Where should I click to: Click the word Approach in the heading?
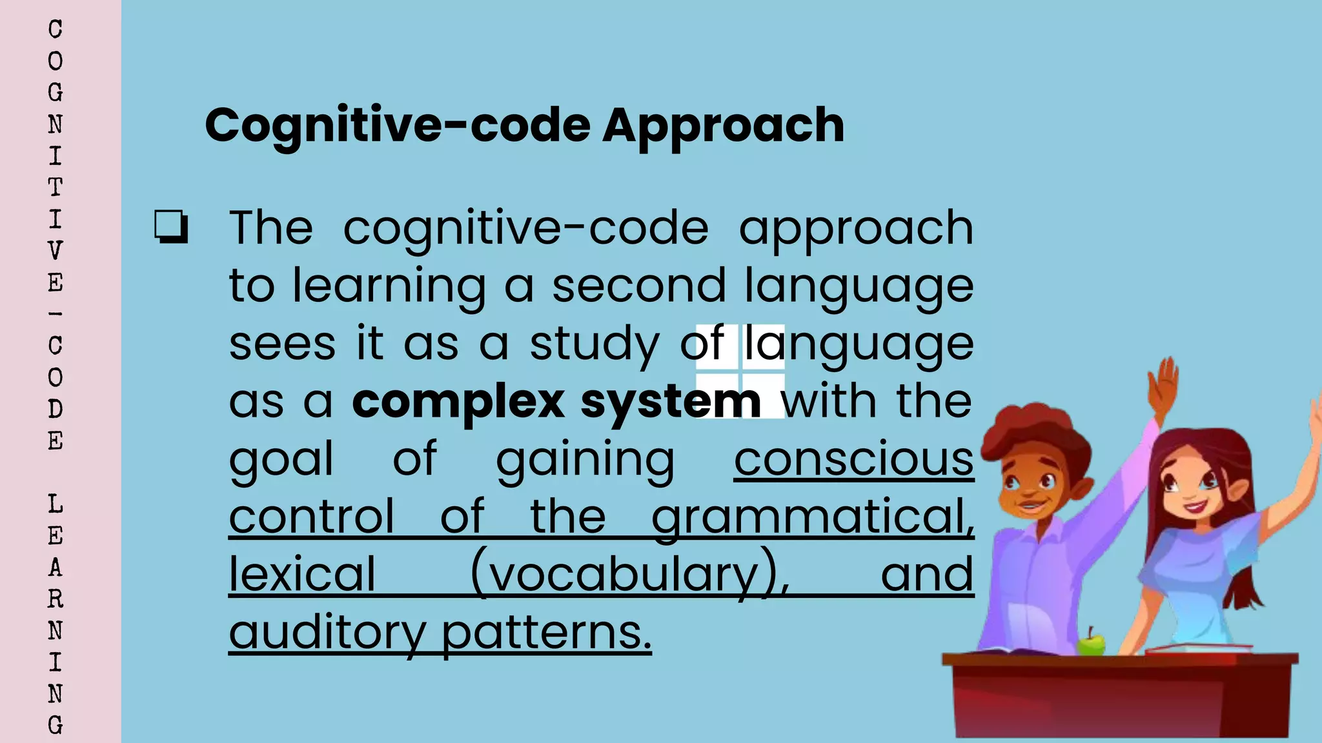pyautogui.click(x=723, y=126)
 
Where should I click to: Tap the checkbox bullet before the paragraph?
pyautogui.click(x=171, y=227)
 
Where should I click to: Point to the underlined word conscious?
pyautogui.click(x=853, y=459)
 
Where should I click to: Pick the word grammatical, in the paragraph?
pyautogui.click(x=812, y=517)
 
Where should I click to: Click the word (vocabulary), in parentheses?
pyautogui.click(x=629, y=574)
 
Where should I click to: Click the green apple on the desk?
pyautogui.click(x=1091, y=643)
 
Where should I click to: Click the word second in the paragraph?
pyautogui.click(x=639, y=286)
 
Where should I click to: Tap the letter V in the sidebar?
pyautogui.click(x=56, y=251)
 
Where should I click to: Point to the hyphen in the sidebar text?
pyautogui.click(x=56, y=314)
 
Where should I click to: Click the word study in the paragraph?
pyautogui.click(x=595, y=344)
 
